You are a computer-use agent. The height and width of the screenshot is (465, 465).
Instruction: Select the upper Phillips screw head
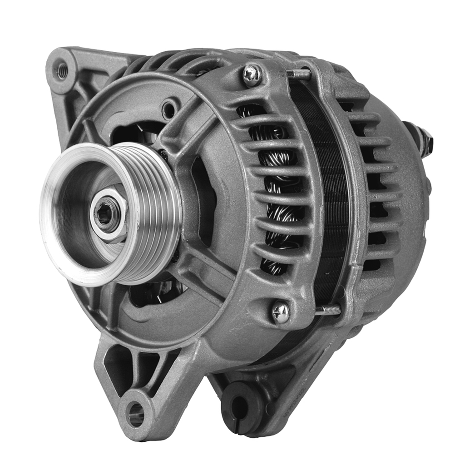pos(252,74)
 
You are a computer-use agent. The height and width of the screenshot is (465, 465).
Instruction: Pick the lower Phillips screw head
pos(281,312)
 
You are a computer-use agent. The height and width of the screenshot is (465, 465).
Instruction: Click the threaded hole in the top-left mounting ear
pos(62,70)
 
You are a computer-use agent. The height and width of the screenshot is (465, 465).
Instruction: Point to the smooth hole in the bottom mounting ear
pos(136,413)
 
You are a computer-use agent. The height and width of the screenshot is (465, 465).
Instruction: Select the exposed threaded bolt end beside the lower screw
pos(328,310)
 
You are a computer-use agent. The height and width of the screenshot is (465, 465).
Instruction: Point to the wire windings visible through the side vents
pos(277,191)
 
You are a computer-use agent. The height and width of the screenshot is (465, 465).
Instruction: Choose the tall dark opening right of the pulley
pos(203,200)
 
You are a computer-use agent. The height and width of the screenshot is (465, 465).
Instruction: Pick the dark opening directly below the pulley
pos(152,293)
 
